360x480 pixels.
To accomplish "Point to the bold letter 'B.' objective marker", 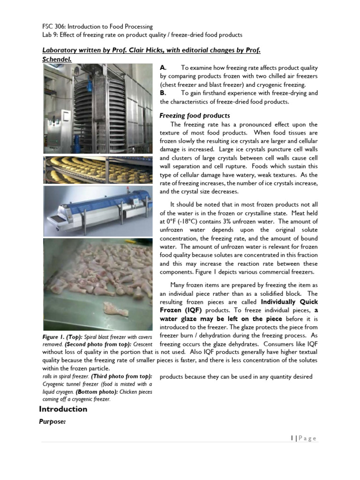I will click(163, 93).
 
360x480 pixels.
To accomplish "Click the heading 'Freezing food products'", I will click(195, 115).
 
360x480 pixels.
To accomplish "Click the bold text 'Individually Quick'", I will click(289, 301).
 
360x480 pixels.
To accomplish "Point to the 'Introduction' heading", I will click(63, 409).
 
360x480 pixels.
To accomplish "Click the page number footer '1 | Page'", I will click(303, 438).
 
